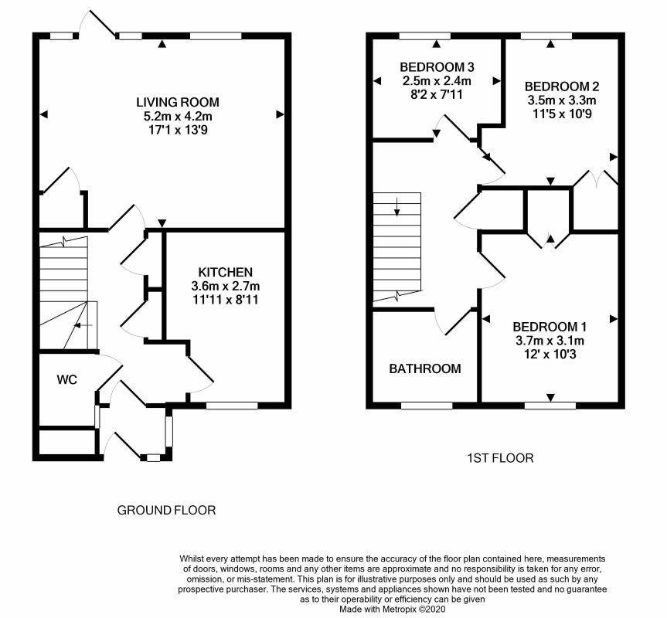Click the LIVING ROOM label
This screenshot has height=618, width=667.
pyautogui.click(x=178, y=102)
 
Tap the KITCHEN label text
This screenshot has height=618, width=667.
pyautogui.click(x=226, y=272)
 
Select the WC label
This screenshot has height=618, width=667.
pyautogui.click(x=67, y=379)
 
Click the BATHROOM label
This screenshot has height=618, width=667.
pyautogui.click(x=425, y=368)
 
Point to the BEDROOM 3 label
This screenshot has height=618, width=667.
pyautogui.click(x=437, y=67)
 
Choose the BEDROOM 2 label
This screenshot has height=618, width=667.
pyautogui.click(x=562, y=87)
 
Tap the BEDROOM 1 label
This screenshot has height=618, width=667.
pyautogui.click(x=550, y=327)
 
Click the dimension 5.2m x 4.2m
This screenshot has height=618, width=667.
pyautogui.click(x=178, y=116)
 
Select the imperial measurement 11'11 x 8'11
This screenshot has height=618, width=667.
pyautogui.click(x=226, y=300)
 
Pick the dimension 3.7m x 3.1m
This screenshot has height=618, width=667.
pyautogui.click(x=550, y=341)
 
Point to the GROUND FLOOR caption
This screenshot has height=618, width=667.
pyautogui.click(x=166, y=510)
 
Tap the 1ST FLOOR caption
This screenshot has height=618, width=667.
pyautogui.click(x=500, y=458)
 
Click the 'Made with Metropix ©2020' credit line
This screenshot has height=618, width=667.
pyautogui.click(x=392, y=609)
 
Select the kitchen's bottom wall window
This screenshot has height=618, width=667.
pyautogui.click(x=232, y=406)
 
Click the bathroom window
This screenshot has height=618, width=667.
pyautogui.click(x=427, y=406)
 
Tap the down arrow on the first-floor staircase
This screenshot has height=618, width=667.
pyautogui.click(x=397, y=206)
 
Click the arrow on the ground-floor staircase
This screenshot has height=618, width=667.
pyautogui.click(x=83, y=325)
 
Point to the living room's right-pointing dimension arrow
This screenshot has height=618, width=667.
pyautogui.click(x=280, y=114)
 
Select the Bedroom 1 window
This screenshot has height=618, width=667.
pyautogui.click(x=550, y=406)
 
